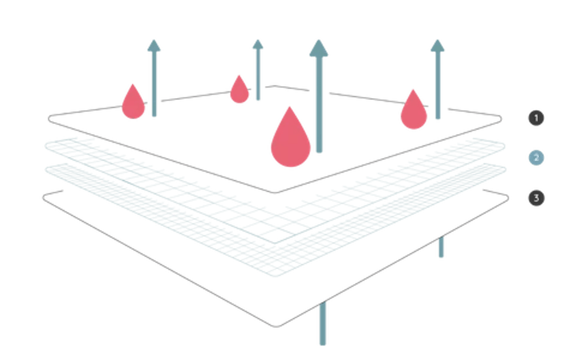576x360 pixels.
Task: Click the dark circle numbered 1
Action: pyautogui.click(x=536, y=118)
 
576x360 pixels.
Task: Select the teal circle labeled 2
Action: pyautogui.click(x=536, y=158)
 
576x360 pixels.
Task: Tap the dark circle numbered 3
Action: pyautogui.click(x=536, y=198)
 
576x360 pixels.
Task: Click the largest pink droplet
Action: pyautogui.click(x=290, y=140)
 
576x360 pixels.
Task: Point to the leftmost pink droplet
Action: pyautogui.click(x=133, y=103)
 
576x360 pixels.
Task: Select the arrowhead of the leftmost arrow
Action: pyautogui.click(x=153, y=45)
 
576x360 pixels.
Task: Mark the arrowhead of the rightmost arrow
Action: pyautogui.click(x=437, y=46)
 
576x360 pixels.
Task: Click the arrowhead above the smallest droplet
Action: pyautogui.click(x=258, y=45)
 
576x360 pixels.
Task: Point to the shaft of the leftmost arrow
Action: pyautogui.click(x=153, y=86)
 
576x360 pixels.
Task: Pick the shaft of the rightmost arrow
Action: pyautogui.click(x=438, y=86)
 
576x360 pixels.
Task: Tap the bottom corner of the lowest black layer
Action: pyautogui.click(x=277, y=325)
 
